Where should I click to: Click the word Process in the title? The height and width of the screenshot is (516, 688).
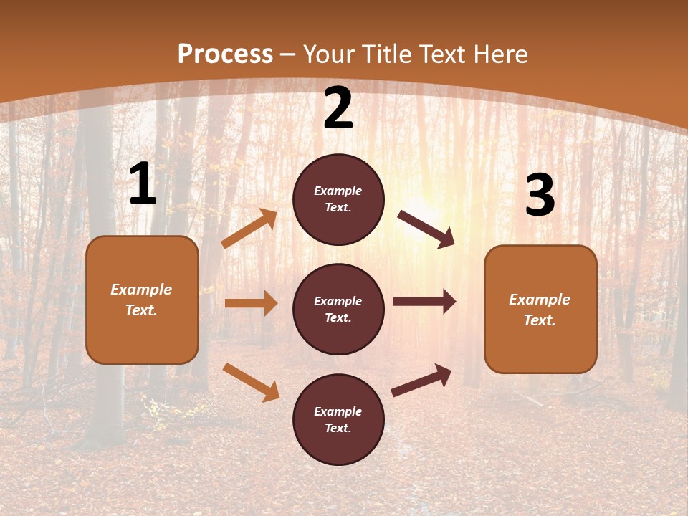[x=225, y=54]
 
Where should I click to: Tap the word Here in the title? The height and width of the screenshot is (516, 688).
[x=500, y=54]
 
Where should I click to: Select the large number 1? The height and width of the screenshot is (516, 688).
[x=143, y=184]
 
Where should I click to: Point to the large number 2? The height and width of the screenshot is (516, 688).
[x=338, y=109]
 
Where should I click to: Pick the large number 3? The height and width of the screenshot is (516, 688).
[x=540, y=195]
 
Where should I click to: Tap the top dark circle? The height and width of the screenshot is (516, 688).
[x=338, y=199]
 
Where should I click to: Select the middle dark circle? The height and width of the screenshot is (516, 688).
[x=338, y=309]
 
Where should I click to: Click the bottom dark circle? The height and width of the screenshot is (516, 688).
[x=338, y=419]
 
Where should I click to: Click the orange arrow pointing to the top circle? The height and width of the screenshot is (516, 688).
[x=249, y=229]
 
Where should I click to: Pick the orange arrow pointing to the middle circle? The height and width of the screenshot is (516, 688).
[x=251, y=303]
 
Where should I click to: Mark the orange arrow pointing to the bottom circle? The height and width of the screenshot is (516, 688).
[x=251, y=382]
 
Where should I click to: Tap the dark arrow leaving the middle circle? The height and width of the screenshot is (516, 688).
[x=424, y=302]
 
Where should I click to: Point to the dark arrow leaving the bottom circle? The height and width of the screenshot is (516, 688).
[x=421, y=381]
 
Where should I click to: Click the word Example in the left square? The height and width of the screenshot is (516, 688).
[x=141, y=290]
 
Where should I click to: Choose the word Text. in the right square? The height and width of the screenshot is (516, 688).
[x=540, y=320]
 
